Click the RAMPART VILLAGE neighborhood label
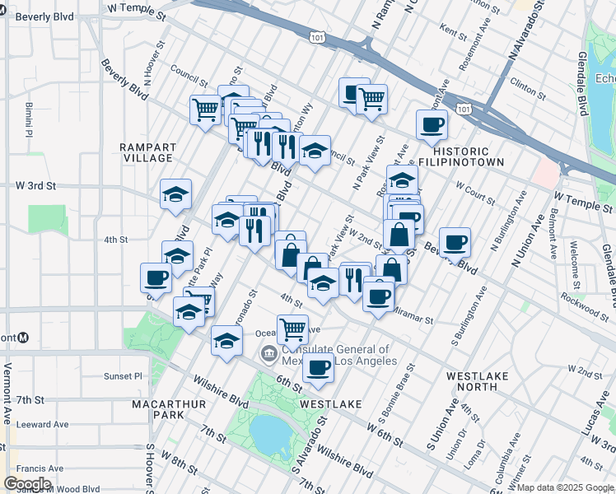tap(148, 153)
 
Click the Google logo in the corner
tap(27, 484)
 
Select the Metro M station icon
tap(24, 338)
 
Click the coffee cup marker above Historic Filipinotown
tap(432, 126)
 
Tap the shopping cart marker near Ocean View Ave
tap(292, 330)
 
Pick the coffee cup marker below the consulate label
tap(319, 367)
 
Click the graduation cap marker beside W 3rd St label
tap(175, 195)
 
